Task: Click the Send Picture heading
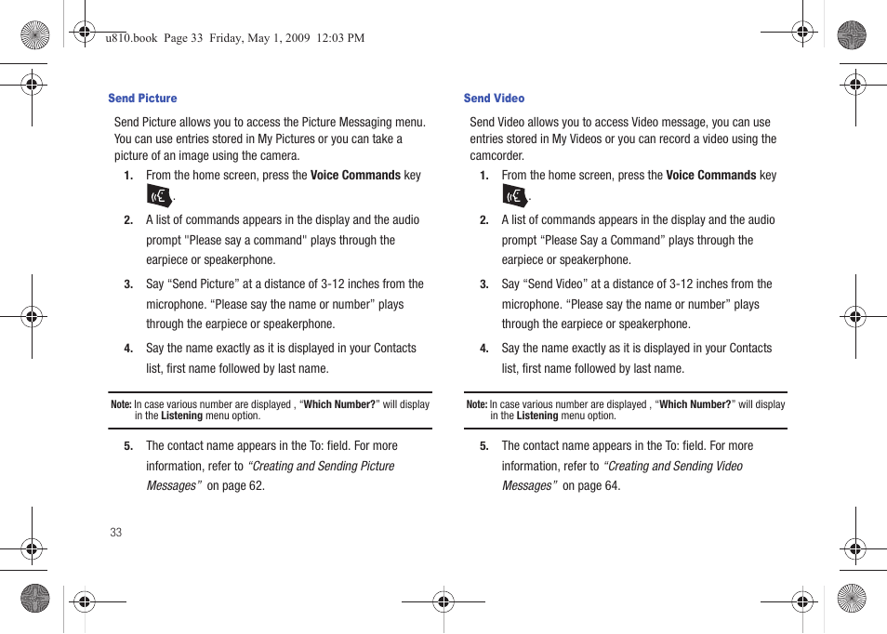click(142, 99)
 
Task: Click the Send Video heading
click(494, 99)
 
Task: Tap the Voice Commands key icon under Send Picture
click(159, 195)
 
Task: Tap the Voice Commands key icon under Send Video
click(514, 195)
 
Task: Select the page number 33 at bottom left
click(115, 533)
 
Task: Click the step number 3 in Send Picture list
click(128, 285)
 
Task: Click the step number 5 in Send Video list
click(483, 447)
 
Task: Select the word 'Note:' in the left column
click(121, 405)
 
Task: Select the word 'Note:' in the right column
click(476, 405)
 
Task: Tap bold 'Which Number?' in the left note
click(339, 405)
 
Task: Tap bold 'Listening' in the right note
click(537, 416)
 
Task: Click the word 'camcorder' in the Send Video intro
click(496, 156)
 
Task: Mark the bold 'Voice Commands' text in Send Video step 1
click(711, 176)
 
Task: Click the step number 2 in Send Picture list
click(128, 221)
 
